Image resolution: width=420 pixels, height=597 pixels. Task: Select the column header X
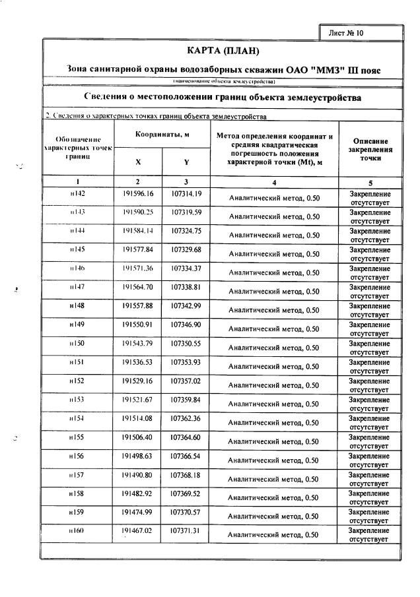tap(137, 162)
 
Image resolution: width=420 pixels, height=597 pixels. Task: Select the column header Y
tap(186, 162)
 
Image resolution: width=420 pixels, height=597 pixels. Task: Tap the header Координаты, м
tap(162, 134)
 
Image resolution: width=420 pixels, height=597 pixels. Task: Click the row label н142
tap(78, 193)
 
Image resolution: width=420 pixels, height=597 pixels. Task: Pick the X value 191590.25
tap(137, 212)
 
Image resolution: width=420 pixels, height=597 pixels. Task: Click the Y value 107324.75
tap(186, 231)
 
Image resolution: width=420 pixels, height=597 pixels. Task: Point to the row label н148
tap(78, 306)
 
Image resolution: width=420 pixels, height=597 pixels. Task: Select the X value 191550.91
tap(137, 325)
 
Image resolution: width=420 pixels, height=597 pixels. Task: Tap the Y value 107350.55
tap(186, 344)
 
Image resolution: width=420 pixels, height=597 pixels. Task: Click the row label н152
tap(78, 381)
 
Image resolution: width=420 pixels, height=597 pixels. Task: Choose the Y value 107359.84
tap(186, 400)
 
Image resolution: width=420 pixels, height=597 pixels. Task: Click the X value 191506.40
tap(137, 437)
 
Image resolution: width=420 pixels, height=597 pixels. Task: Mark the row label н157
tap(78, 475)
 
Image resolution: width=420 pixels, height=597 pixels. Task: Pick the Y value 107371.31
tap(186, 531)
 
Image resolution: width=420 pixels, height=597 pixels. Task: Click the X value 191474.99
tap(137, 513)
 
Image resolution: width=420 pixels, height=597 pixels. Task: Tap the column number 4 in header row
tap(274, 181)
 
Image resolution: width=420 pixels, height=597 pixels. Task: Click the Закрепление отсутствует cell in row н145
tap(370, 254)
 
